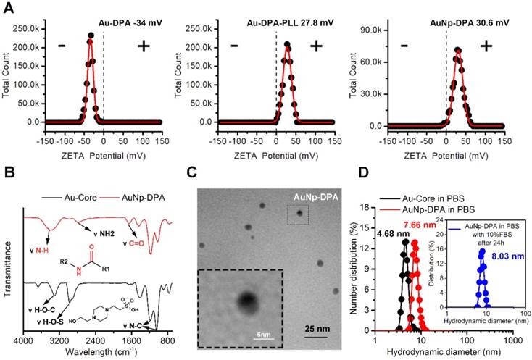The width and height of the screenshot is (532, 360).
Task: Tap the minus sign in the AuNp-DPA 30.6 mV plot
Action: click(x=404, y=45)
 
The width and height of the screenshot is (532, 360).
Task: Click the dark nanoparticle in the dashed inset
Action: click(x=247, y=298)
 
